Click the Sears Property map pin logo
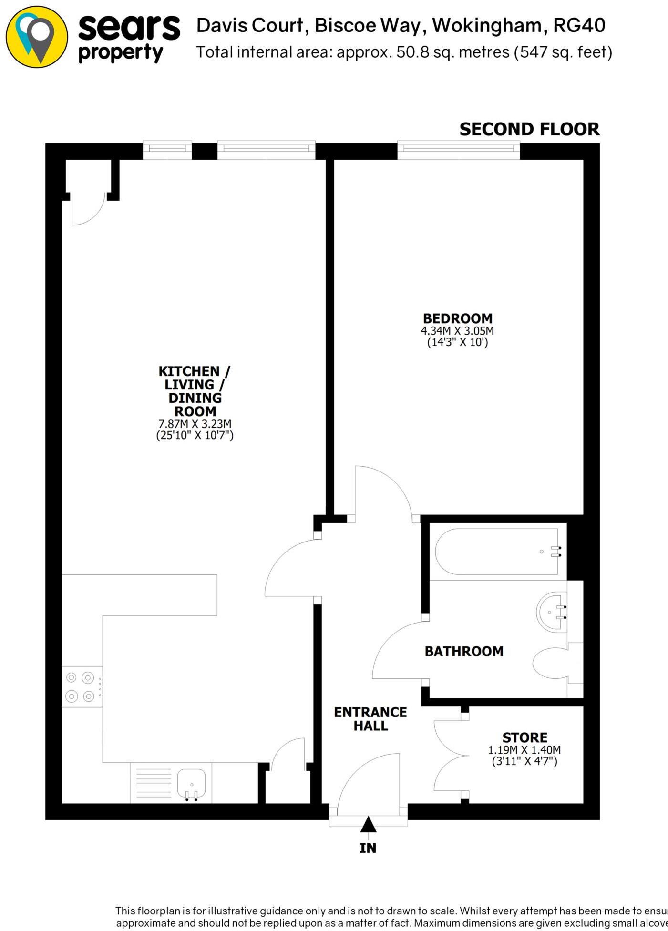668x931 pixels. coord(37,37)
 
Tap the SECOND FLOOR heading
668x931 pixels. coord(529,129)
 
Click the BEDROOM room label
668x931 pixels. coord(457,318)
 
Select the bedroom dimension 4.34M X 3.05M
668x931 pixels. coord(457,331)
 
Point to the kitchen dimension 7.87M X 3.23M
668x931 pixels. coord(195,424)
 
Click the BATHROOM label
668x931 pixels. coord(463,651)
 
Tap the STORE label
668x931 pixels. coord(524,737)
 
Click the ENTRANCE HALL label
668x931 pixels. coord(370,719)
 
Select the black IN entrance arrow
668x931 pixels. coord(368,824)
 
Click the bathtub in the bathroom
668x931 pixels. coord(496,552)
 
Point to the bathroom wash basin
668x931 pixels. coord(552,613)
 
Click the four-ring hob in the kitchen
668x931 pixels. coord(81,687)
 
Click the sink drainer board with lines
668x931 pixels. coord(154,782)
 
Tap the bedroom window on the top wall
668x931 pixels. coord(458,150)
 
